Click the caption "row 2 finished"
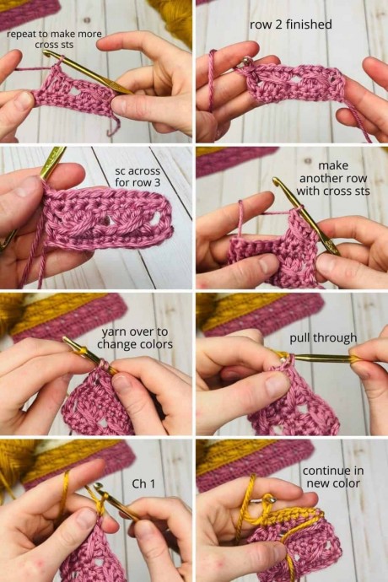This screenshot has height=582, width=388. click(291, 24)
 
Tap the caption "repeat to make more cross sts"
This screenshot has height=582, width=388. click(54, 39)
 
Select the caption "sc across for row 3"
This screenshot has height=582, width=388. click(137, 176)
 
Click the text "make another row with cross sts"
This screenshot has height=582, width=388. click(333, 178)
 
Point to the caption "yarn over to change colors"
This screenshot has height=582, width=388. click(135, 338)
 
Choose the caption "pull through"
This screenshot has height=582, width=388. click(323, 338)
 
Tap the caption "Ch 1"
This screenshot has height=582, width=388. click(143, 483)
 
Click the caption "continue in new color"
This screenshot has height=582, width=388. click(333, 477)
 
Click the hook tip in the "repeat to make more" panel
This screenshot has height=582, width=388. click(47, 53)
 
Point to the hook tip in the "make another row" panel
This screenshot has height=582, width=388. click(276, 181)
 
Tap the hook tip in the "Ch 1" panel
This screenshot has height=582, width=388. click(98, 486)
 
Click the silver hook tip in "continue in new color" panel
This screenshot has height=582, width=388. click(272, 499)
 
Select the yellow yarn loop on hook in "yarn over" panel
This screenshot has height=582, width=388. click(83, 349)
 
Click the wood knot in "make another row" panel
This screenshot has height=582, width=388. click(308, 161)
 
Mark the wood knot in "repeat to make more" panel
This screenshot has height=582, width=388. click(87, 20)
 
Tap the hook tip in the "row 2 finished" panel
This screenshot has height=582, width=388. click(246, 60)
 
